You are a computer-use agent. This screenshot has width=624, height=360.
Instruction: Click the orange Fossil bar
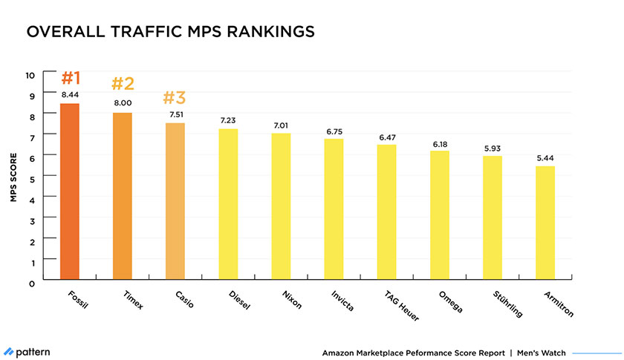click(x=69, y=193)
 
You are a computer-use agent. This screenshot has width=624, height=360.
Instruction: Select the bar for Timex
click(x=122, y=197)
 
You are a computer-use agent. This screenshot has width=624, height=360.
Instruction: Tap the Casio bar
click(x=175, y=203)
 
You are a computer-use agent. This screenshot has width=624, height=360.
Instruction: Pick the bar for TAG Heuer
click(x=386, y=214)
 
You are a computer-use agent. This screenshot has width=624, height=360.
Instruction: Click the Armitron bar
click(x=545, y=224)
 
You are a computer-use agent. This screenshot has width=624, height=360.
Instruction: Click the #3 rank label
click(x=175, y=99)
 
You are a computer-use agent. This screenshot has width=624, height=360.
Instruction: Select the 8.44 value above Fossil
click(x=69, y=95)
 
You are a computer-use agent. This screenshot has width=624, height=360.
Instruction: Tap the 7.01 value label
click(x=281, y=125)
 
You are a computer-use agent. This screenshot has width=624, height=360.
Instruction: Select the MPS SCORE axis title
click(x=13, y=179)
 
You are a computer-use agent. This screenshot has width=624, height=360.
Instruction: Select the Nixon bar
click(x=281, y=208)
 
